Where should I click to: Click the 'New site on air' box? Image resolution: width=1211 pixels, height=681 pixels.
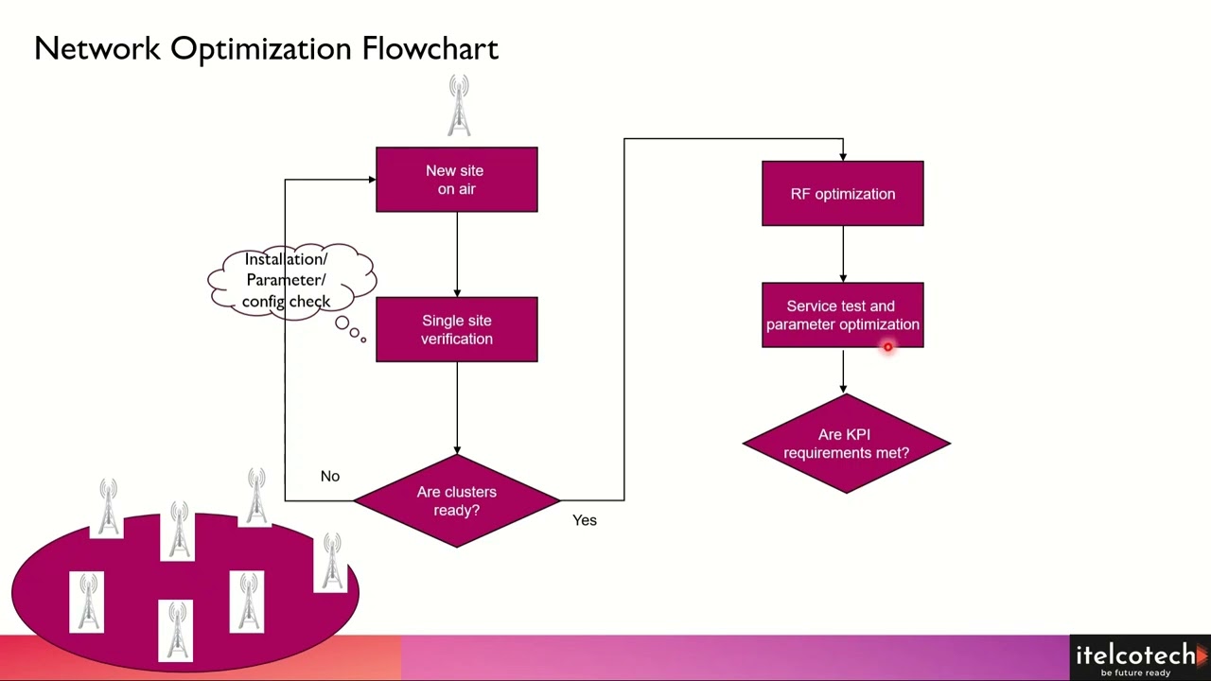(456, 180)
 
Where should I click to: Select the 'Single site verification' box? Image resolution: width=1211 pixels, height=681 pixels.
(456, 329)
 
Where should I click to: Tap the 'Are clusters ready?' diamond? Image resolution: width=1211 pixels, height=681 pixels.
(456, 500)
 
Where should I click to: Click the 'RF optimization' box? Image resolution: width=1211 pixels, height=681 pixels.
(842, 194)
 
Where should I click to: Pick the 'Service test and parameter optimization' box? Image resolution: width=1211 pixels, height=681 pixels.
(842, 315)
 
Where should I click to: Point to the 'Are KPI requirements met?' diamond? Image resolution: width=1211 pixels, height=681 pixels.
(846, 444)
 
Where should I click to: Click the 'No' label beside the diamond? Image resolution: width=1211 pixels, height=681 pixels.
(329, 476)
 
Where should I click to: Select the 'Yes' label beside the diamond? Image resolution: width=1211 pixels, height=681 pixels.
(584, 520)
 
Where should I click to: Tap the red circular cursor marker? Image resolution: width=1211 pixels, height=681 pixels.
(887, 347)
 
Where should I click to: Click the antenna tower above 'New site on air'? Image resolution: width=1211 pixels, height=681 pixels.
(459, 106)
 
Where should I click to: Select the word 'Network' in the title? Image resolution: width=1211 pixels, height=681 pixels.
(97, 49)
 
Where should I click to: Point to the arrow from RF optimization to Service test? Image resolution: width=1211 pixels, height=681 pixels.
(843, 253)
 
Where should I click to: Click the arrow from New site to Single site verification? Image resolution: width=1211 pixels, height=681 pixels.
(457, 253)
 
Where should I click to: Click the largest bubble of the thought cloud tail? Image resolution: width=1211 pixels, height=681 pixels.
(342, 323)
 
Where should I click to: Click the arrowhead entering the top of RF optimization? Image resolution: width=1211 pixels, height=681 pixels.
(843, 155)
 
